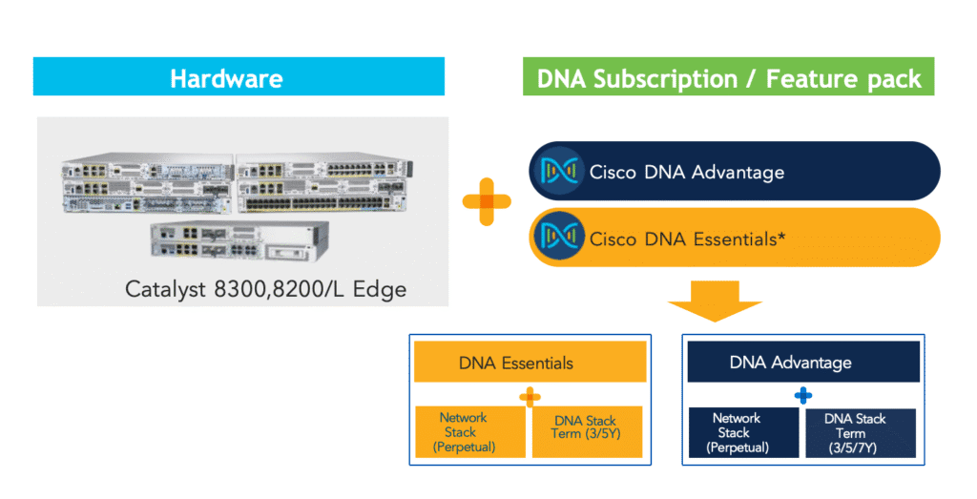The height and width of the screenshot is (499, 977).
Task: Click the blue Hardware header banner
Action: point(239,77)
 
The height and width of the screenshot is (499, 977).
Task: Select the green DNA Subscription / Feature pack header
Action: point(729,77)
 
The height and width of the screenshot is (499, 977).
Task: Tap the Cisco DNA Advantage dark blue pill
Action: point(735,172)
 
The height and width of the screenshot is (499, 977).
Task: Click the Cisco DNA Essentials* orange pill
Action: point(735,238)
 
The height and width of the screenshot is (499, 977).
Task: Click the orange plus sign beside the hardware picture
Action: point(487,201)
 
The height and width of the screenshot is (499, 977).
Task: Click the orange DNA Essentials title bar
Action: point(530,363)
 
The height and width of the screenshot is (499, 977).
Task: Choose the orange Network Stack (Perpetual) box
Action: point(468,432)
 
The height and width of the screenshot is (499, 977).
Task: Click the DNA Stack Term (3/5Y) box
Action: point(586,432)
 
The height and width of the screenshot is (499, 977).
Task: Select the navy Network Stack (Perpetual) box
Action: point(741,432)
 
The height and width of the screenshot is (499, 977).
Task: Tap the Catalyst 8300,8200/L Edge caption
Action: point(265,288)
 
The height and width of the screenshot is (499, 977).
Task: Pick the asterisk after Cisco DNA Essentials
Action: point(781,235)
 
